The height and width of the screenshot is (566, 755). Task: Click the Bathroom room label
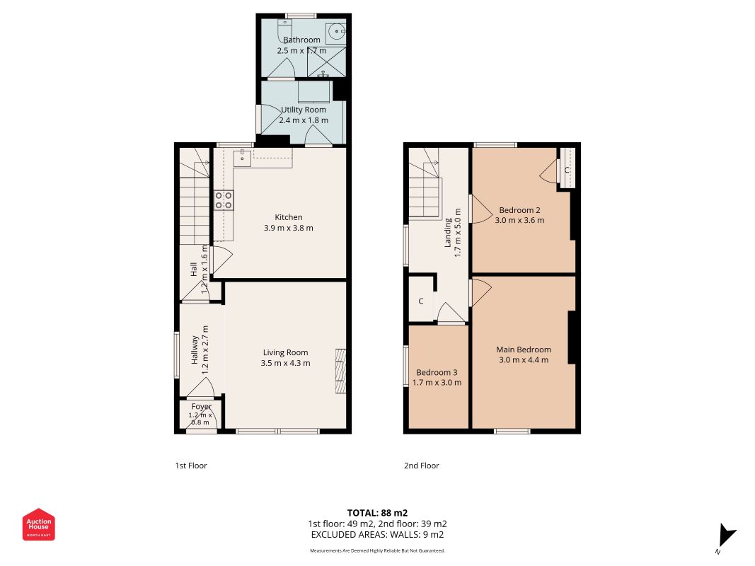coord(301,40)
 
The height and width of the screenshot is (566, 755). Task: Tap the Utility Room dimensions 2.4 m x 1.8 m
coord(304,120)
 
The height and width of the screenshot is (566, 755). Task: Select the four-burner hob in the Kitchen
coord(224,200)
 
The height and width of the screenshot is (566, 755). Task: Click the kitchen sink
coord(242,157)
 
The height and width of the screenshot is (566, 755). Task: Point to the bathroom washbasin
coord(335,33)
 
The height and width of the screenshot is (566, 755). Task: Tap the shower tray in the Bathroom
coord(326,62)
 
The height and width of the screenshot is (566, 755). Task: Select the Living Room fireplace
coord(341,371)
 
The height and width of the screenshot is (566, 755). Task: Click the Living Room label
coord(286,353)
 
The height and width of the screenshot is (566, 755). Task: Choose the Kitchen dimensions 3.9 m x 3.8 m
coord(289,228)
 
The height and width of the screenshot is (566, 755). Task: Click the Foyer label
coord(201,407)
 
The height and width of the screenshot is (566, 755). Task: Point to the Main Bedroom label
coord(524,350)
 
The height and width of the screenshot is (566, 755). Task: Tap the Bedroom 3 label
coord(437,373)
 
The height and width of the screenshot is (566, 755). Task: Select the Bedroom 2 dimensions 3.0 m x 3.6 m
coord(519,221)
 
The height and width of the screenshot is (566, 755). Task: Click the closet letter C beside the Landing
coord(421,301)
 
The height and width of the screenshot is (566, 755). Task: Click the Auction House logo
coord(38,524)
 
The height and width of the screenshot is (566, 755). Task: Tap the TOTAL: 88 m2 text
coord(378,513)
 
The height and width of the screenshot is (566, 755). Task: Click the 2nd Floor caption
coord(421,466)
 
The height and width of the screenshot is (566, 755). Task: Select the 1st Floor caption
coord(190,466)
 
